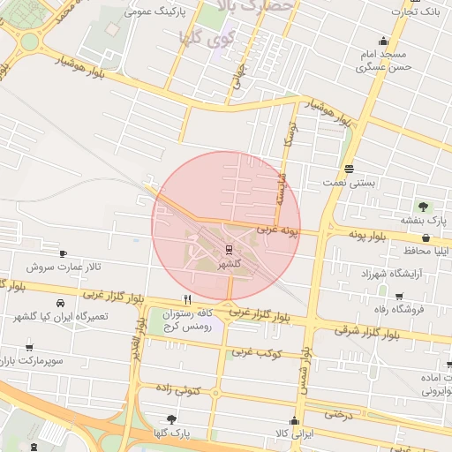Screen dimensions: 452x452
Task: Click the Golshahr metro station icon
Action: (x=229, y=249)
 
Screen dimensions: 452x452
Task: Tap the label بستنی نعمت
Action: (x=350, y=181)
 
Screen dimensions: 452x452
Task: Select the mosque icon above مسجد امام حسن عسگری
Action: (x=383, y=40)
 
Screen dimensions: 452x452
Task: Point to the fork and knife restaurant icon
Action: (x=186, y=299)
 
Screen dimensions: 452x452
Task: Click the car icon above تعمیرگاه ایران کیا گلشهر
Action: (x=59, y=301)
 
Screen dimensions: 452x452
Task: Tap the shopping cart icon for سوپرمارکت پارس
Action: (x=30, y=347)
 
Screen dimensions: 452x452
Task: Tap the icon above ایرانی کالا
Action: (x=294, y=419)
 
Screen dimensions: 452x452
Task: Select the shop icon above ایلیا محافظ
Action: (x=426, y=237)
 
